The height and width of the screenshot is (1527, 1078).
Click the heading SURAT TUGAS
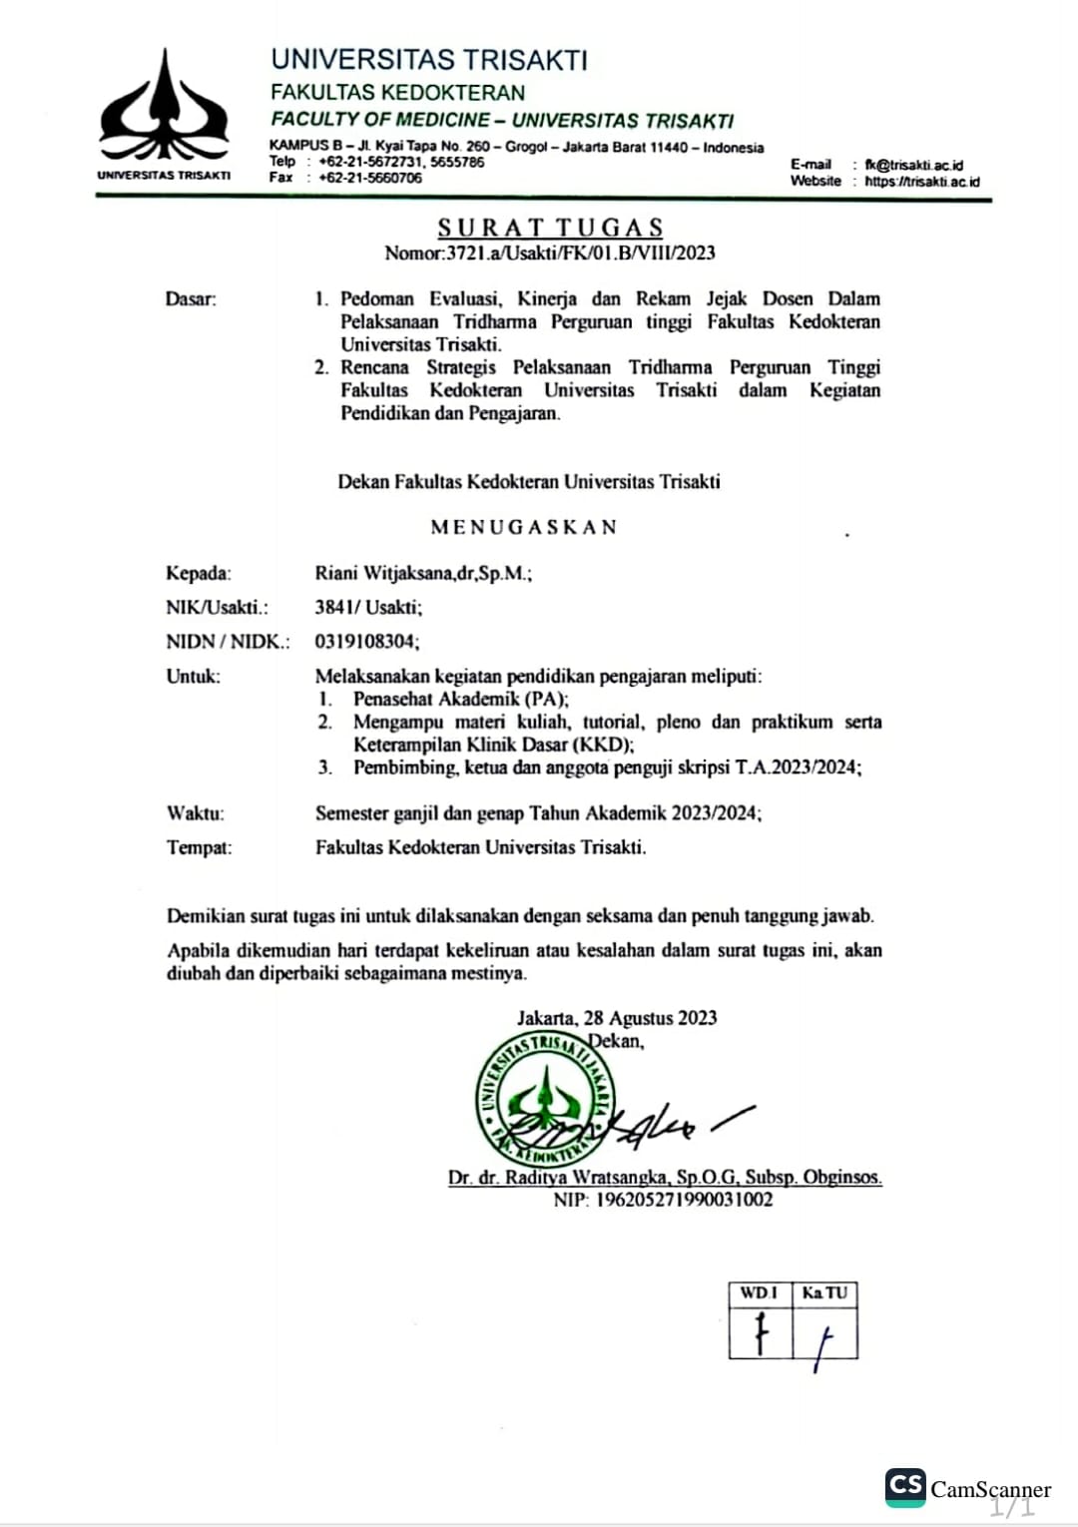pyautogui.click(x=550, y=228)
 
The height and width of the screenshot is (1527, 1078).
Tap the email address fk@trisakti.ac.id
pyautogui.click(x=913, y=165)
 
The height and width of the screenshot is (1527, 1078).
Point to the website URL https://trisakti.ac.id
pyautogui.click(x=922, y=182)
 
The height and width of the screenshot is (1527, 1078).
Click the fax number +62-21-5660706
pyautogui.click(x=370, y=178)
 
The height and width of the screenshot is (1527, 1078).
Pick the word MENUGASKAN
pyautogui.click(x=524, y=527)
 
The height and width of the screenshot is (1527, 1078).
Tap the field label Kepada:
pyautogui.click(x=199, y=573)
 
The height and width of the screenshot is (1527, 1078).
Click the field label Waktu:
pyautogui.click(x=196, y=813)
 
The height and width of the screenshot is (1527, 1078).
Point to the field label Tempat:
pyautogui.click(x=199, y=847)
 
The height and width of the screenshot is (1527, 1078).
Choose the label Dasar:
pyautogui.click(x=191, y=298)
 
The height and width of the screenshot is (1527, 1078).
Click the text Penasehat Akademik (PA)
pyautogui.click(x=460, y=699)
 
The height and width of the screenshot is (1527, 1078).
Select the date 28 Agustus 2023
pyautogui.click(x=650, y=1018)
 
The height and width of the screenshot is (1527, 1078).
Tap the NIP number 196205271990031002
pyautogui.click(x=684, y=1200)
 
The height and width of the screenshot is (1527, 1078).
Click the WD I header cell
pyautogui.click(x=760, y=1293)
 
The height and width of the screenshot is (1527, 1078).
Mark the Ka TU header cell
pyautogui.click(x=824, y=1293)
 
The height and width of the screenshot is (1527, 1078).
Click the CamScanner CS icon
pyautogui.click(x=905, y=1486)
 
